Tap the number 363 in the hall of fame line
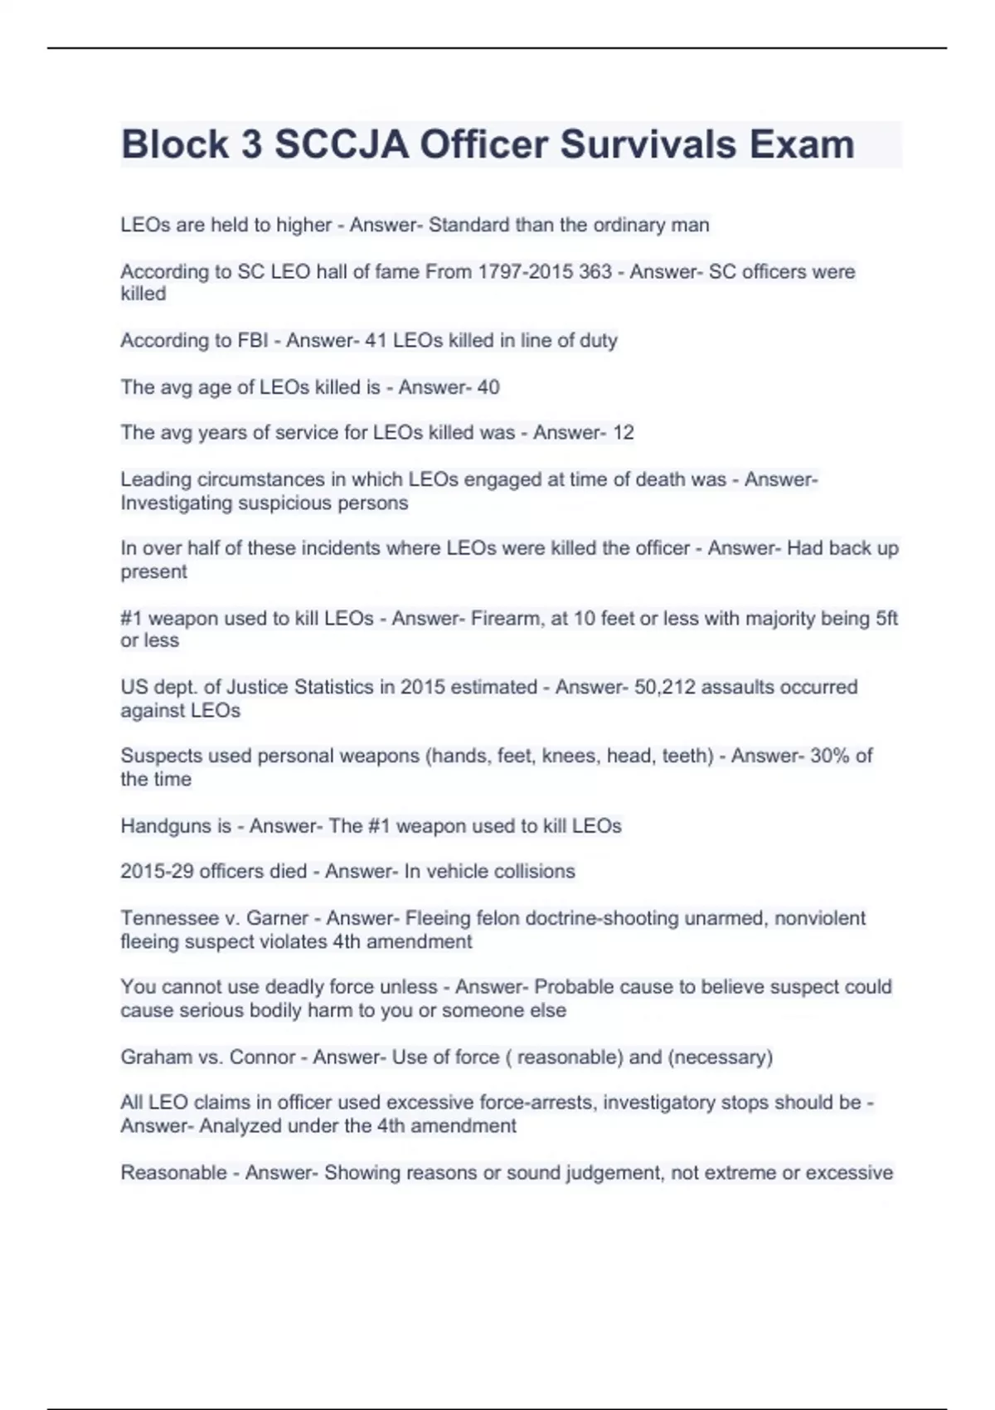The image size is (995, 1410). click(x=595, y=272)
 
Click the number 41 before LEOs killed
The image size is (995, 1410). click(x=376, y=341)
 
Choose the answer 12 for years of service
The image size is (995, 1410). click(x=623, y=433)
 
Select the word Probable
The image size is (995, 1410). click(x=573, y=987)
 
